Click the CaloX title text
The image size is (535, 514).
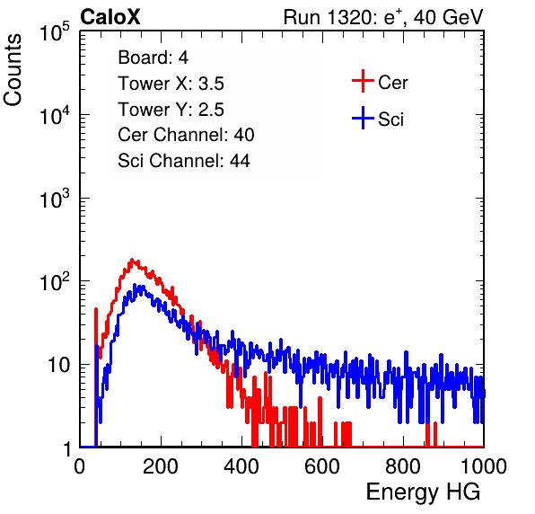(x=110, y=17)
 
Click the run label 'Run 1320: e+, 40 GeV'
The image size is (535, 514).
(x=383, y=17)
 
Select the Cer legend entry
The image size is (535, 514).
(x=380, y=81)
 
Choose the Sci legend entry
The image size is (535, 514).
(x=378, y=119)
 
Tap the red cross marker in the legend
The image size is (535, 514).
(x=363, y=81)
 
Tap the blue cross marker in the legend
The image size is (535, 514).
(x=363, y=119)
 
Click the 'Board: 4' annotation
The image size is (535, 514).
(x=153, y=58)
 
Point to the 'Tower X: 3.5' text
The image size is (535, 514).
(x=171, y=84)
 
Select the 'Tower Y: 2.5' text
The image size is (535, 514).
(x=171, y=110)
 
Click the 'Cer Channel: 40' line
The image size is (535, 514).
(x=186, y=135)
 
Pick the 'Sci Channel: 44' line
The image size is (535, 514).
(x=184, y=161)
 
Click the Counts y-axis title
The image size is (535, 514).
(x=13, y=70)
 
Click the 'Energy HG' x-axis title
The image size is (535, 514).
(x=424, y=492)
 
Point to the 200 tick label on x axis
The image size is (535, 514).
(x=161, y=465)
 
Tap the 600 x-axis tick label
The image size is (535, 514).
(x=322, y=465)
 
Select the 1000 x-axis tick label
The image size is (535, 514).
(x=484, y=465)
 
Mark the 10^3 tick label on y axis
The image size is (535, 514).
(x=55, y=199)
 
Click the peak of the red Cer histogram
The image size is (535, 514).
(x=132, y=260)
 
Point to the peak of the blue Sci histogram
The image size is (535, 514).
(x=135, y=285)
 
